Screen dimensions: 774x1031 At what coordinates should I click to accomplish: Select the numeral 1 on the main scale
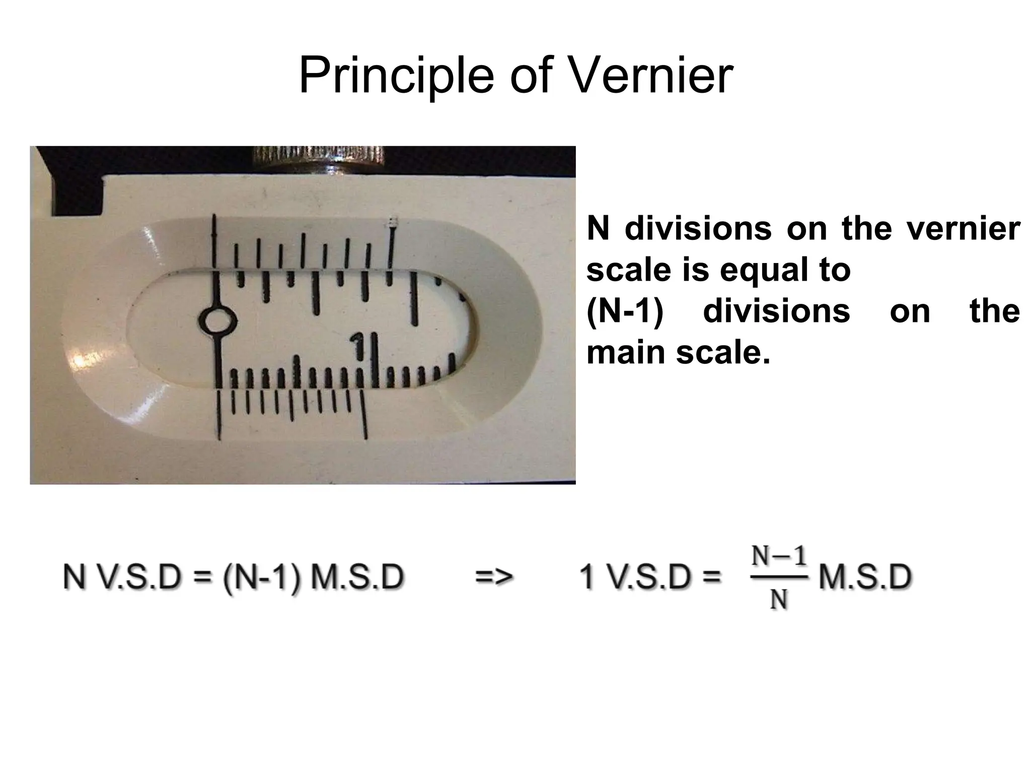pos(358,347)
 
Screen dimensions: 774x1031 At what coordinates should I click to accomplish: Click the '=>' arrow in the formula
pos(494,576)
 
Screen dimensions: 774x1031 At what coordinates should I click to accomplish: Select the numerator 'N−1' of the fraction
pos(779,557)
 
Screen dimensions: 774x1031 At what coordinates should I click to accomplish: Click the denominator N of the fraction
pos(779,600)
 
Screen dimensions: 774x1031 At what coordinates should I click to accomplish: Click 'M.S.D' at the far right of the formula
pos(865,577)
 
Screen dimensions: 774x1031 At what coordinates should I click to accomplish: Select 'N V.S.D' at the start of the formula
pos(121,577)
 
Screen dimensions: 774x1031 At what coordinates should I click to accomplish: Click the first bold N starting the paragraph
pos(598,229)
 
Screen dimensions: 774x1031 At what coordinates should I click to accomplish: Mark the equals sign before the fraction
pos(711,577)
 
